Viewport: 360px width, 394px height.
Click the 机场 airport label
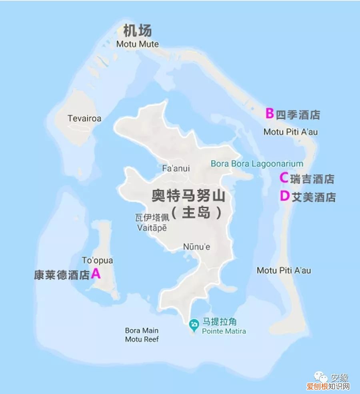(138, 30)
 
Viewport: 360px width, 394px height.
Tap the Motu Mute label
(137, 44)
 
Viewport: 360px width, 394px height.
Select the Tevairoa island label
(84, 118)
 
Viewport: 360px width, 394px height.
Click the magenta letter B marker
(270, 113)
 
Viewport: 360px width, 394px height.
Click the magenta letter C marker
(284, 177)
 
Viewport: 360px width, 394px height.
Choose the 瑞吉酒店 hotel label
(312, 179)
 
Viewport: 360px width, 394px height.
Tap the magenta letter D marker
(284, 196)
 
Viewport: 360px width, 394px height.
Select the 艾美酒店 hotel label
(314, 197)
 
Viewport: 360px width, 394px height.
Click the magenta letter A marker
(96, 273)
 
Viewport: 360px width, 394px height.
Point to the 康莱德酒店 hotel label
(62, 275)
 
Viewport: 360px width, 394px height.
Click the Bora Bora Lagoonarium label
(257, 163)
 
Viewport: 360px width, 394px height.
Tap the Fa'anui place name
(176, 168)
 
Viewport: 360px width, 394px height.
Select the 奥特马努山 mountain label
(188, 197)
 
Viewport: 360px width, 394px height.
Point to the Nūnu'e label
(196, 247)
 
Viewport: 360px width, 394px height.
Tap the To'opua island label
(97, 261)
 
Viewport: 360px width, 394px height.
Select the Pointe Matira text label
(224, 331)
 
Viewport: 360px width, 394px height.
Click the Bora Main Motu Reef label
(142, 335)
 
